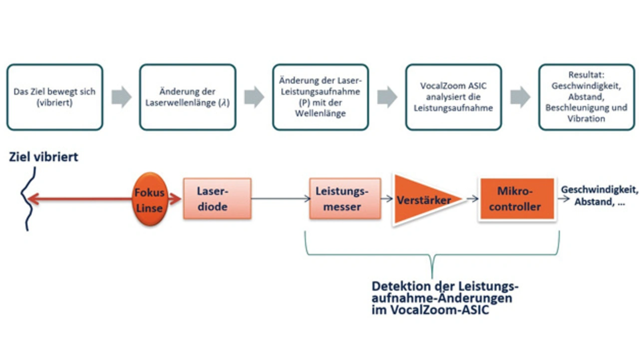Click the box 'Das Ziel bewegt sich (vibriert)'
[54, 97]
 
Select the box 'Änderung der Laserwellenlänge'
[187, 97]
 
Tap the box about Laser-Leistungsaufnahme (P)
[320, 97]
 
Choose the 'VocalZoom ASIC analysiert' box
[453, 97]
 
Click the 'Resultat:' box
[586, 97]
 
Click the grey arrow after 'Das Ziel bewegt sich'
[121, 97]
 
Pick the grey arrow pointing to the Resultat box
[520, 97]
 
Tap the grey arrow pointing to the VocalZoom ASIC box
[387, 97]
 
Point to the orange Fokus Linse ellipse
[148, 199]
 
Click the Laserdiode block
[217, 199]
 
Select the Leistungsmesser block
[345, 199]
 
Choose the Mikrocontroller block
[517, 199]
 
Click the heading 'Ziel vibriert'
[43, 157]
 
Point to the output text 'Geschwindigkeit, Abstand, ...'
[599, 196]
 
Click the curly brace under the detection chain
[432, 255]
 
